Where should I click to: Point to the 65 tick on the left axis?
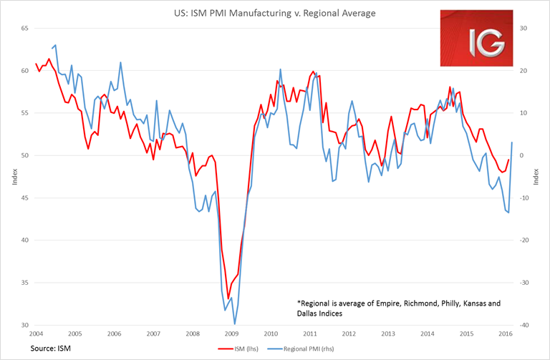point(24,29)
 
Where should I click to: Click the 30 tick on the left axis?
point(24,325)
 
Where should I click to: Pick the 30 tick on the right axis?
point(523,29)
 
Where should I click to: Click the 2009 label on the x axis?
point(231,334)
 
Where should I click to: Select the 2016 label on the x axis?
point(505,334)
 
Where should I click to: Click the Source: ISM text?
point(51,348)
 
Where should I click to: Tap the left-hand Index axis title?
point(14,177)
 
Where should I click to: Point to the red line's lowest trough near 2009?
point(228,298)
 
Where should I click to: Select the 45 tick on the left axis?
point(24,198)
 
